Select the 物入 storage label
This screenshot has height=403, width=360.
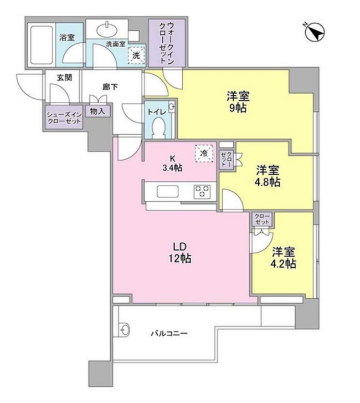pos(97,111)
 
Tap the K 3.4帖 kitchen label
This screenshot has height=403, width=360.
pos(169,162)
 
